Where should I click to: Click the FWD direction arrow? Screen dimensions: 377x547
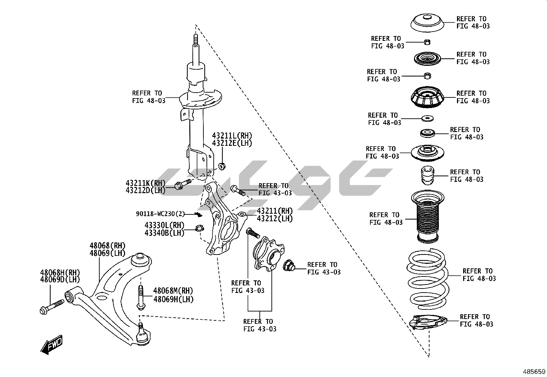pyautogui.click(x=52, y=344)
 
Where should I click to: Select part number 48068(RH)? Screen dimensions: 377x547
pyautogui.click(x=107, y=246)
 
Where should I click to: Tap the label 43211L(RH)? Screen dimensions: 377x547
pyautogui.click(x=232, y=136)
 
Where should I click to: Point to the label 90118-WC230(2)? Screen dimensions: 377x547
pyautogui.click(x=160, y=214)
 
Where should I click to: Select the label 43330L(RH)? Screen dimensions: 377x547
pyautogui.click(x=164, y=225)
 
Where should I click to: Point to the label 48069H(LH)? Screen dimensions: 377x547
pyautogui.click(x=173, y=299)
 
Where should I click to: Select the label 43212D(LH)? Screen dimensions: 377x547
pyautogui.click(x=145, y=190)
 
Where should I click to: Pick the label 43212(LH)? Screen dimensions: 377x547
pyautogui.click(x=275, y=219)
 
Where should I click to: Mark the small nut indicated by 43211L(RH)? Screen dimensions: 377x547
pyautogui.click(x=222, y=167)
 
